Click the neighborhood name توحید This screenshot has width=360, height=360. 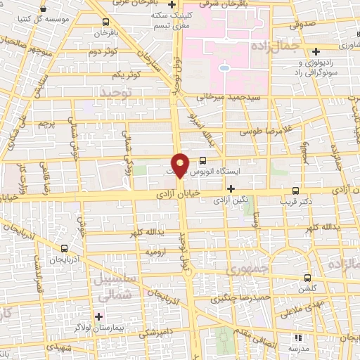[x=117, y=92]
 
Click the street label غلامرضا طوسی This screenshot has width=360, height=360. [x=257, y=131]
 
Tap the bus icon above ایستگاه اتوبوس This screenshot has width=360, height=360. [x=203, y=160]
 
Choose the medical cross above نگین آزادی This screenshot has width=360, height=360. [x=231, y=188]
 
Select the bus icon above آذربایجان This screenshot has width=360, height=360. [x=65, y=247]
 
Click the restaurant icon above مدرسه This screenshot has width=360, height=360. [x=297, y=339]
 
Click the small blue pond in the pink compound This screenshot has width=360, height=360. [x=224, y=69]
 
